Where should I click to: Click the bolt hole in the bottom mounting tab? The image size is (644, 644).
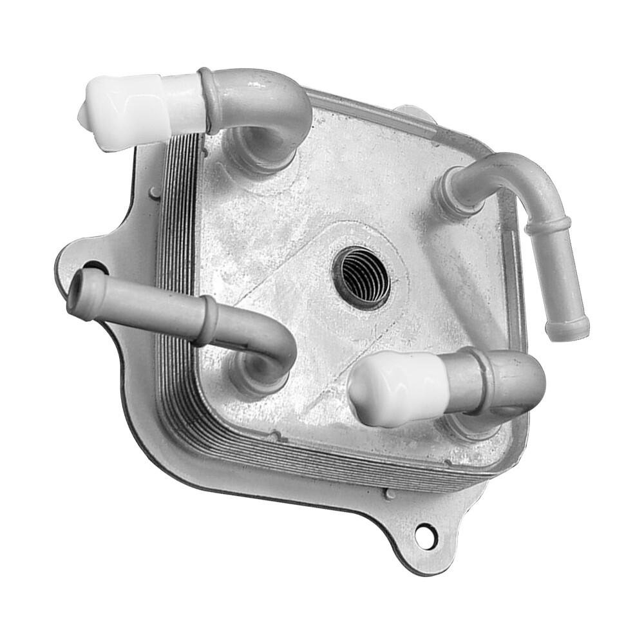click(423, 534)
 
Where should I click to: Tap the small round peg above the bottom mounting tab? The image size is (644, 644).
click(389, 495)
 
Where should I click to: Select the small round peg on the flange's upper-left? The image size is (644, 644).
click(155, 191)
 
